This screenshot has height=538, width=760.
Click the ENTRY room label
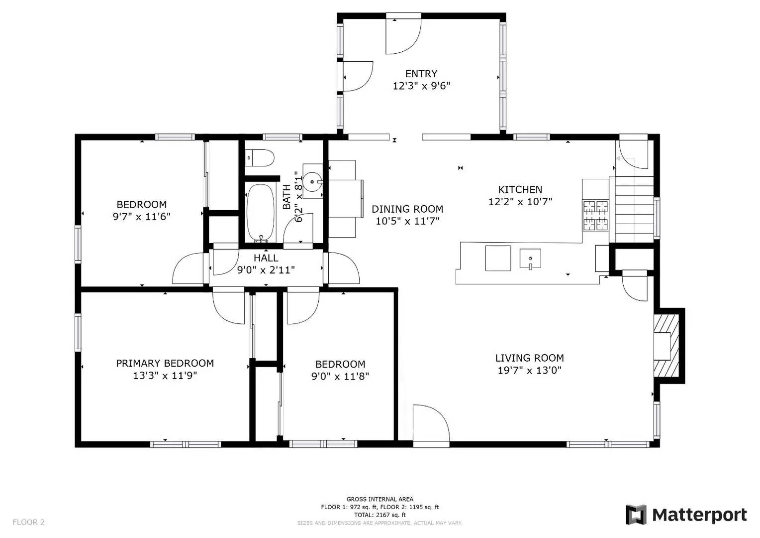click(421, 74)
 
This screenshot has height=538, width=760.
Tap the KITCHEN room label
click(520, 190)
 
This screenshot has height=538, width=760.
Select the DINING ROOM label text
click(407, 209)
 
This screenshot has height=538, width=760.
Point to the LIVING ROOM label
click(529, 358)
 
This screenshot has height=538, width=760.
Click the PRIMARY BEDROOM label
click(165, 363)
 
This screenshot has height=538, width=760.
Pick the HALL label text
click(266, 258)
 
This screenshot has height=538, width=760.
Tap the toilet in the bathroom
click(260, 158)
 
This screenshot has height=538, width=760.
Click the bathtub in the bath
click(260, 213)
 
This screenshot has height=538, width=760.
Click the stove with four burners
click(595, 215)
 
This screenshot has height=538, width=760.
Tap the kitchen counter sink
click(530, 259)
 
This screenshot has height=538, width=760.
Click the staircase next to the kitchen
click(634, 209)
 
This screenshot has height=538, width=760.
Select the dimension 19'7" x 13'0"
click(529, 371)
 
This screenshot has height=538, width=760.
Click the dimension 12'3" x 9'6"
click(421, 86)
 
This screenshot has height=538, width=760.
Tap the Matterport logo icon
click(636, 515)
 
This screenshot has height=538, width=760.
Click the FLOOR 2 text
click(28, 522)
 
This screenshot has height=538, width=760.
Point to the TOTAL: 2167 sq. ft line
click(380, 515)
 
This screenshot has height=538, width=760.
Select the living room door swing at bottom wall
click(431, 423)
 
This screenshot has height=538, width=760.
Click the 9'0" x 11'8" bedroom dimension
click(340, 377)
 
